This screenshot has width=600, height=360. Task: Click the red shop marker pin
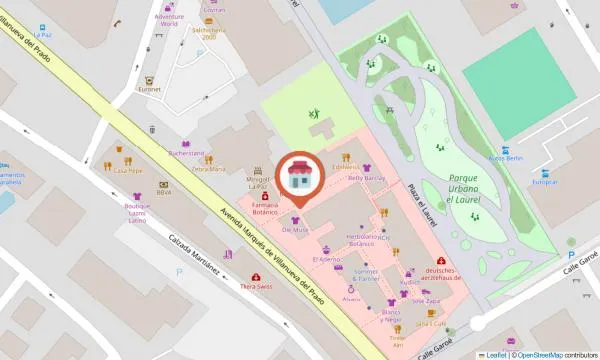pos(299,176)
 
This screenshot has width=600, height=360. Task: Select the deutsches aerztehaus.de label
pos(441,275)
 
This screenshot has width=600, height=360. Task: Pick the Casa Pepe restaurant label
pos(128,171)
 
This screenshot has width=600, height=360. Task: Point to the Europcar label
pos(544,182)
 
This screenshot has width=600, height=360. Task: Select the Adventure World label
pos(162,19)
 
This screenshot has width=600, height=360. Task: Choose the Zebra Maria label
pos(209,169)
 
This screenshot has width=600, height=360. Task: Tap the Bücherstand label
pos(187,153)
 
